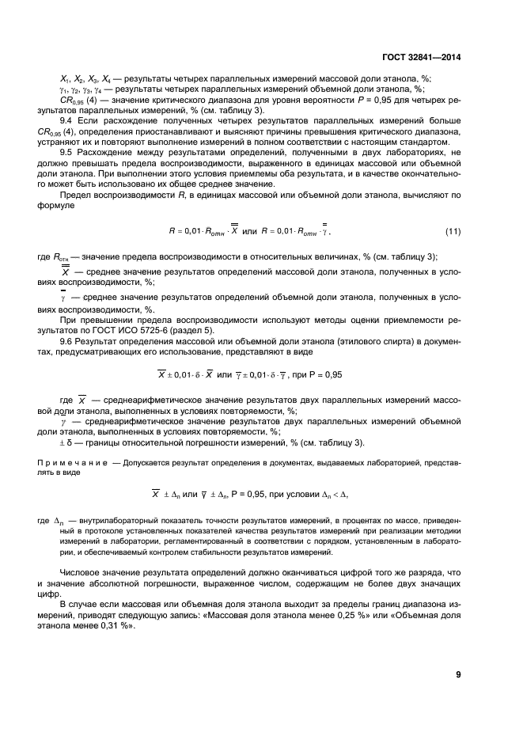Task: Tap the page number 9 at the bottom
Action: tap(459, 674)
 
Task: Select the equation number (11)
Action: tap(452, 232)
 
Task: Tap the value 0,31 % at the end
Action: tap(116, 624)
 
